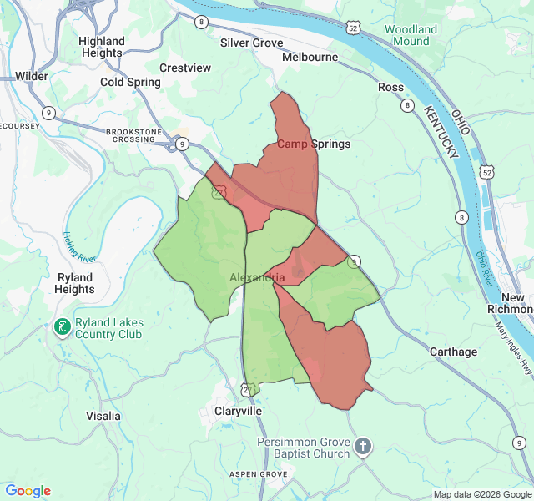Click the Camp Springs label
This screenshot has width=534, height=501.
click(x=313, y=144)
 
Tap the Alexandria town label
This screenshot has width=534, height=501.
click(x=257, y=277)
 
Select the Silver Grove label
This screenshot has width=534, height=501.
click(x=251, y=43)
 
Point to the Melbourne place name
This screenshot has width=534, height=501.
click(x=310, y=58)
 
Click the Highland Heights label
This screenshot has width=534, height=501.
click(x=102, y=47)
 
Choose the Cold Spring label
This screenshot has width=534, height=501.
click(x=129, y=82)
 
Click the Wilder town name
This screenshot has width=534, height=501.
click(x=32, y=76)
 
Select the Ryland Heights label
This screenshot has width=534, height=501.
click(x=75, y=283)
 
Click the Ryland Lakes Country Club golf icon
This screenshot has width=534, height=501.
click(x=62, y=327)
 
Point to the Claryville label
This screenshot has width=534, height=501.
click(x=238, y=412)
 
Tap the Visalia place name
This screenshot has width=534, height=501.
click(x=103, y=416)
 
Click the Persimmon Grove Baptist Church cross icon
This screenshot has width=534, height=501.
click(x=363, y=447)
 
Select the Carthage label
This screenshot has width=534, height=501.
click(x=453, y=352)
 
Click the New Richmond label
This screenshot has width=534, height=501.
click(x=512, y=303)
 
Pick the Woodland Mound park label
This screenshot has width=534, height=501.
click(x=411, y=35)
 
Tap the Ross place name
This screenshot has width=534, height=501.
click(x=390, y=87)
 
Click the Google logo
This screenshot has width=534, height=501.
click(x=28, y=491)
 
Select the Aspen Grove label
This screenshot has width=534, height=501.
click(x=259, y=474)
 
